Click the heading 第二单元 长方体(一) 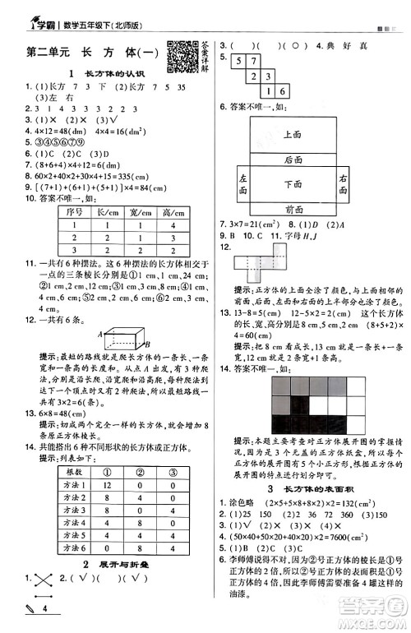[91, 52]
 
